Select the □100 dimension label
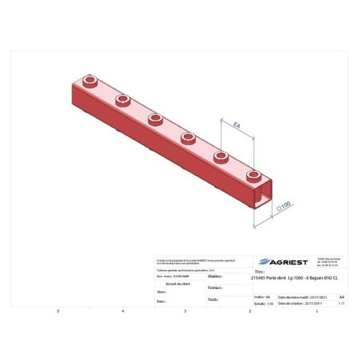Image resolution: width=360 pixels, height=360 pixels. tap(284, 205)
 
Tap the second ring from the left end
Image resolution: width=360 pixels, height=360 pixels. tap(123, 100)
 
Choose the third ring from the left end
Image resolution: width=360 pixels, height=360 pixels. tap(155, 118)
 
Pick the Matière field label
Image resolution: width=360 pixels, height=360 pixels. tap(214, 277)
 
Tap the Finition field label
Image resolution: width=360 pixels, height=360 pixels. tap(213, 288)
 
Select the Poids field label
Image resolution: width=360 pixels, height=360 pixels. tap(213, 299)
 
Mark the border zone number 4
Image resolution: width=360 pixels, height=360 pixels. tap(122, 311)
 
